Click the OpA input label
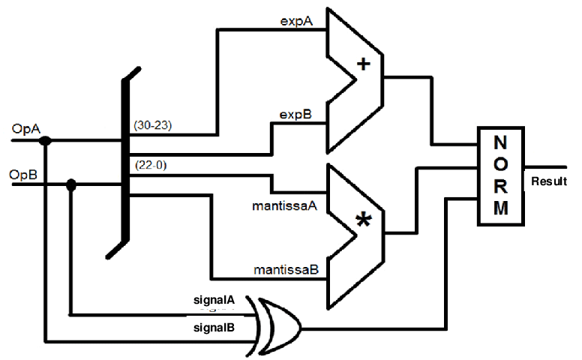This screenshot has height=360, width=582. pos(22,130)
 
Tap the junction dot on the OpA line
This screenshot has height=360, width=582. pos(46,140)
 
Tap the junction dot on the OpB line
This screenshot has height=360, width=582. pos(71,184)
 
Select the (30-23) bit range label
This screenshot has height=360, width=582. pos(153,125)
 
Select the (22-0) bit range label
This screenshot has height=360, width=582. pos(149,164)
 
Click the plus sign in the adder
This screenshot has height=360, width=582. pos(364,64)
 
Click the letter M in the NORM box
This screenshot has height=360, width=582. pos(500,208)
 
